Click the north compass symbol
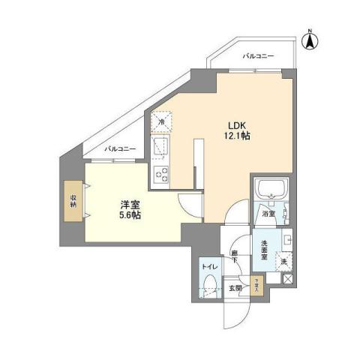point(310,39)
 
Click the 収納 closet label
point(74,201)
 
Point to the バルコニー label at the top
point(259,56)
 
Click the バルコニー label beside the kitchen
point(120,148)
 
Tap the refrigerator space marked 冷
point(161,120)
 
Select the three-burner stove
point(162,174)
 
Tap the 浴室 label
point(268,214)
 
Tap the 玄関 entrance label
point(235,287)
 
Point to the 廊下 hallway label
point(235,256)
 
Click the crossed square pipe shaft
point(285,278)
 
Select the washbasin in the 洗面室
point(287,241)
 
